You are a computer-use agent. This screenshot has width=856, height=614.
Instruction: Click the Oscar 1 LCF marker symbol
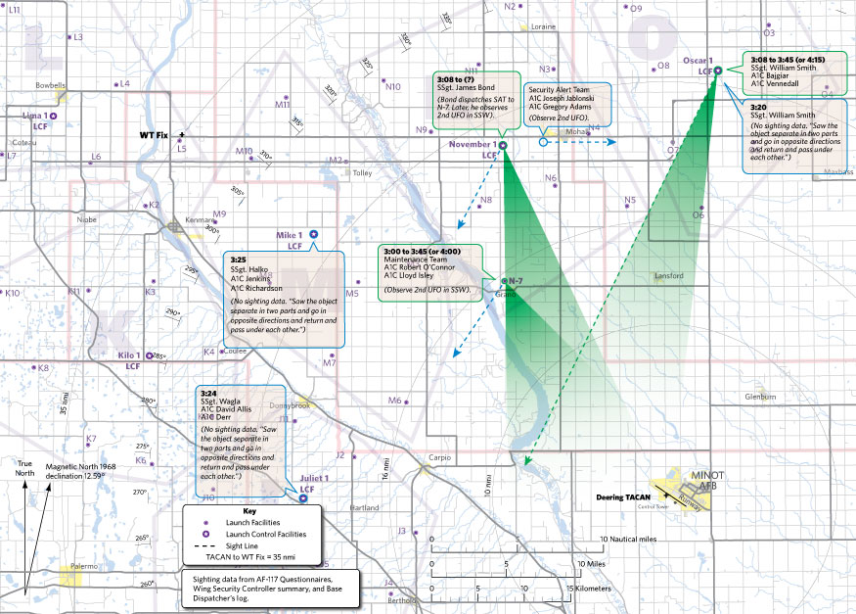pyautogui.click(x=718, y=70)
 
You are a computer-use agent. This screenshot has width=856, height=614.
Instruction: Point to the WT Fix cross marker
pyautogui.click(x=181, y=133)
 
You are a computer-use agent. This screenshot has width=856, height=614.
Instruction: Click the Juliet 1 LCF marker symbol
pyautogui.click(x=302, y=497)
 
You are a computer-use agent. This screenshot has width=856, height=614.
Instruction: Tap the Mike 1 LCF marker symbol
pyautogui.click(x=313, y=235)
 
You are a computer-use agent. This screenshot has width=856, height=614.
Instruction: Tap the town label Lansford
pyautogui.click(x=668, y=276)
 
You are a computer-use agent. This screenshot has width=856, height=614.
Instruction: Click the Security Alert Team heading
pyautogui.click(x=559, y=88)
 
